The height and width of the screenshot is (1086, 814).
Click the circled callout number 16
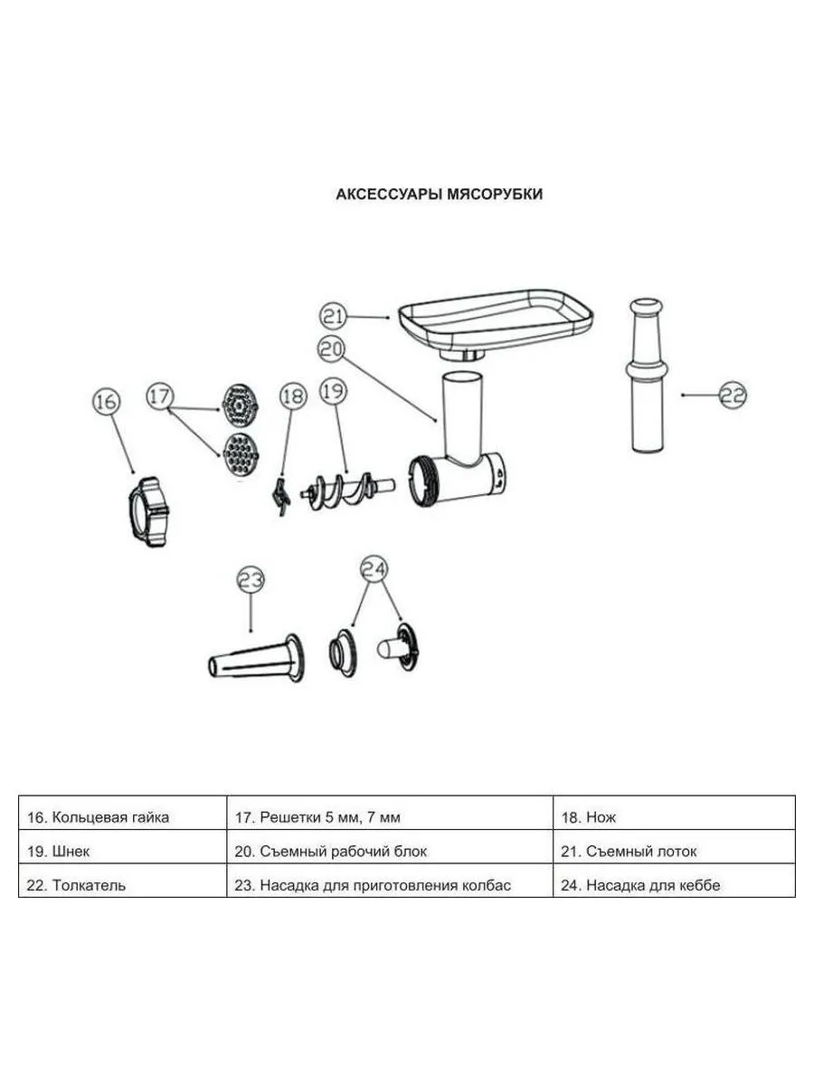coord(106,401)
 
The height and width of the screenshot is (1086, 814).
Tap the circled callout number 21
coord(333,316)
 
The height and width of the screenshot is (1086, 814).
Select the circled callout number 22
coord(733,395)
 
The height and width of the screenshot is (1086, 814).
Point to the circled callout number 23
coord(251,580)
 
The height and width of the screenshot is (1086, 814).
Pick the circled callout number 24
coord(374,569)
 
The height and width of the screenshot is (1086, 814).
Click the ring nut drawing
coord(148,511)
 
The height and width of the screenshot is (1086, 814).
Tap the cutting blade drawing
coord(280,496)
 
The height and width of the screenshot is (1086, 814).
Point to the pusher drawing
coord(647,375)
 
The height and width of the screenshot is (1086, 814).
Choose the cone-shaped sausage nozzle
coord(256,659)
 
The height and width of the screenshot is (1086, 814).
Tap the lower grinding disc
coord(241,455)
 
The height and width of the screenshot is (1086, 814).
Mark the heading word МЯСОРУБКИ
coord(494,195)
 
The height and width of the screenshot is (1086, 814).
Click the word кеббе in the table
coord(700,884)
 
